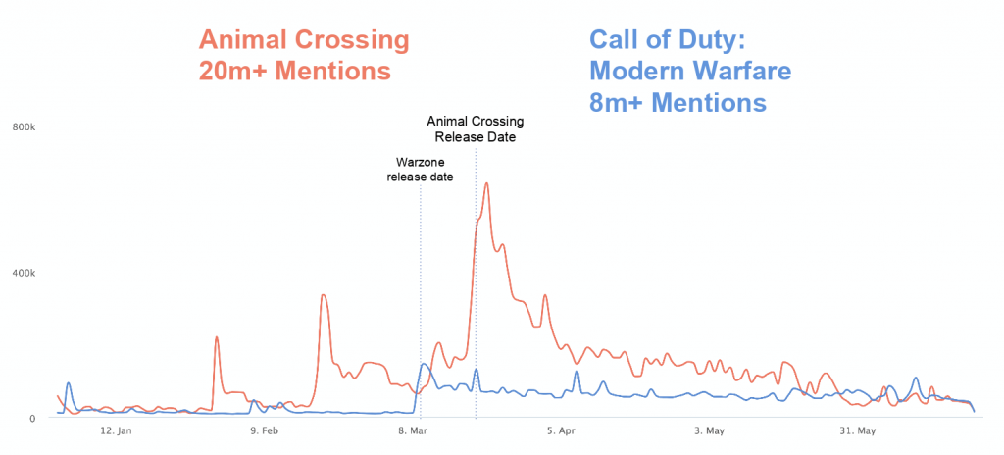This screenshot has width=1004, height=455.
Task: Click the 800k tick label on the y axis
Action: tap(24, 127)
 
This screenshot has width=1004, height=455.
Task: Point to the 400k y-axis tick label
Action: tap(24, 273)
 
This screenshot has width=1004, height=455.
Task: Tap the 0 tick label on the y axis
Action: tap(32, 419)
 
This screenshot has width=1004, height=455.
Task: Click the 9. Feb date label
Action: tap(263, 430)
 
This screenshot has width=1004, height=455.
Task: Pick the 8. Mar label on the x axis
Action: tap(413, 430)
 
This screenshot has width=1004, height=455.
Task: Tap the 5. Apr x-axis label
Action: tap(561, 430)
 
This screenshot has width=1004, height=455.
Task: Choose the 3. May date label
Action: tap(708, 430)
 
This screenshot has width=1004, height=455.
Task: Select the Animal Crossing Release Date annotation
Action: tap(476, 129)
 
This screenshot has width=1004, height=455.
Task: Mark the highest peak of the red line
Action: tap(486, 183)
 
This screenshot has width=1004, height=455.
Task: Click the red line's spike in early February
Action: tap(216, 337)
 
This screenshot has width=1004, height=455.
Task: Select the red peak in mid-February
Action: tap(324, 295)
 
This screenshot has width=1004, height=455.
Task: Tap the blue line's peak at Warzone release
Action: tap(424, 365)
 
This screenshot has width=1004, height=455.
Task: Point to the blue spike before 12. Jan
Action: tap(68, 383)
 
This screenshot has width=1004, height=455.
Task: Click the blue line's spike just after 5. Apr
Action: tap(577, 371)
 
